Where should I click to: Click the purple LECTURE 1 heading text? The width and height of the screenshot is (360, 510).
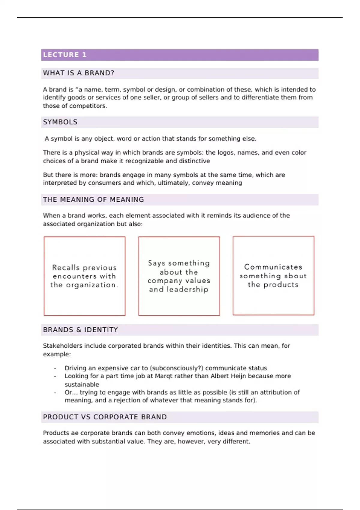tap(65, 55)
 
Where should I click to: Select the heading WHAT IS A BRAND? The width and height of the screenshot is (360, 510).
tap(79, 73)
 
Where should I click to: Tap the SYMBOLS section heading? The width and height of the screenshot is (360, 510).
tap(60, 122)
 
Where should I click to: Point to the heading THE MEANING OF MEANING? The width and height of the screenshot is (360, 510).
tap(93, 199)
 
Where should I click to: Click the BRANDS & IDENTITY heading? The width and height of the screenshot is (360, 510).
tap(80, 330)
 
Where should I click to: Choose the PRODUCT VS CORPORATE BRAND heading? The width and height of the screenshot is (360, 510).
tap(105, 417)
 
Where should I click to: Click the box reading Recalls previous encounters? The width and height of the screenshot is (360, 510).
tap(85, 276)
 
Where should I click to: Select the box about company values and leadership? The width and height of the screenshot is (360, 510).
tap(179, 276)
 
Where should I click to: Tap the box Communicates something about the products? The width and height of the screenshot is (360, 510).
tap(273, 276)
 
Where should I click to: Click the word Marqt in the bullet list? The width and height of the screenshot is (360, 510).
tap(163, 376)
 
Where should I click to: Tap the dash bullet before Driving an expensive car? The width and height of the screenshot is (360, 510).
tap(55, 368)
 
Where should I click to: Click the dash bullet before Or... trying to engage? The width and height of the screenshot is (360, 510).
tap(55, 393)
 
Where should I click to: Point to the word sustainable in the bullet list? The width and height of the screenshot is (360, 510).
tap(82, 385)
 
